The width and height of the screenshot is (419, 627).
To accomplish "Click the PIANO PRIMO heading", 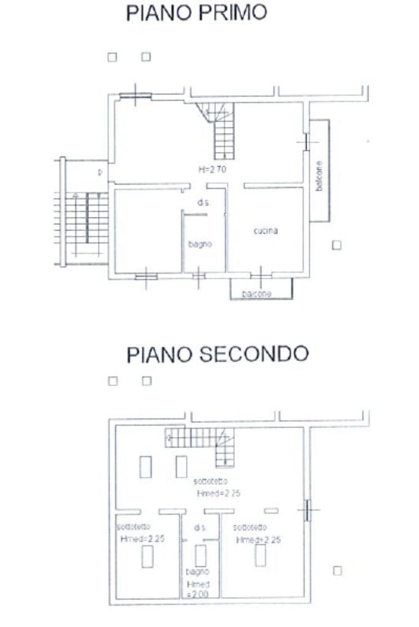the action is (196, 14).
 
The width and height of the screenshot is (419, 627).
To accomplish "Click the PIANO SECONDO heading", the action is (217, 354).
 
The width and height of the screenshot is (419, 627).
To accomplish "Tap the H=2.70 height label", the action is (212, 170).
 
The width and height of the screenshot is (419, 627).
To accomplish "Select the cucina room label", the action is (266, 230).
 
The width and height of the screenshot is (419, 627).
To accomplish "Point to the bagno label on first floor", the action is (200, 244).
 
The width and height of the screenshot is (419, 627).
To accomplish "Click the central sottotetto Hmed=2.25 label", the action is (210, 487).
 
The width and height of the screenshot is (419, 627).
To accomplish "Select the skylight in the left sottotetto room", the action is (148, 557).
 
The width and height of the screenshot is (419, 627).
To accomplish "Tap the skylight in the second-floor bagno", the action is (200, 555).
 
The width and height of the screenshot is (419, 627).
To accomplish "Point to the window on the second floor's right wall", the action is (307, 509).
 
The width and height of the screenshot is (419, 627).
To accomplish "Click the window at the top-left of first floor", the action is (135, 95).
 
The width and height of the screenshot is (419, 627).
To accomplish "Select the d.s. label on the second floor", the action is (200, 527).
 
